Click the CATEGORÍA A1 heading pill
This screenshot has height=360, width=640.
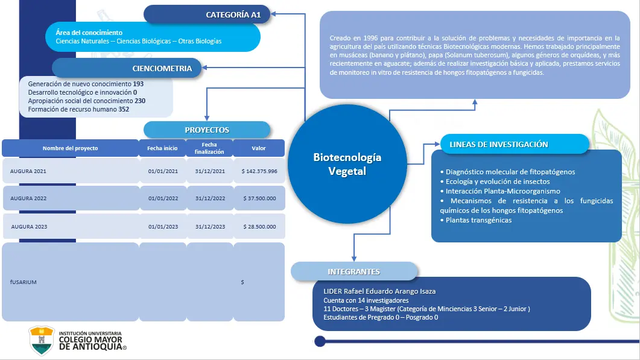pyautogui.click(x=207, y=14)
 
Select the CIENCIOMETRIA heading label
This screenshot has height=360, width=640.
pyautogui.click(x=162, y=68)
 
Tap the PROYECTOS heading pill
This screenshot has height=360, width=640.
pyautogui.click(x=207, y=130)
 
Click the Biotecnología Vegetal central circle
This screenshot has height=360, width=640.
pyautogui.click(x=347, y=164)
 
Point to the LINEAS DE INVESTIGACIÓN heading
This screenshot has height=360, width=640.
pyautogui.click(x=499, y=144)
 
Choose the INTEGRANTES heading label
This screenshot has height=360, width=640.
pyautogui.click(x=354, y=271)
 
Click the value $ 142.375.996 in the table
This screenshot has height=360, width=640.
pyautogui.click(x=259, y=171)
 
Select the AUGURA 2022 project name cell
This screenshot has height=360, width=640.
pyautogui.click(x=71, y=198)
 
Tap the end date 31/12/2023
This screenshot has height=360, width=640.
pyautogui.click(x=210, y=227)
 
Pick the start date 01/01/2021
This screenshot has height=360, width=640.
pyautogui.click(x=163, y=171)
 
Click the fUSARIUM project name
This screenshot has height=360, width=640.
pyautogui.click(x=24, y=282)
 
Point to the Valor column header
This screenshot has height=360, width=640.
pyautogui.click(x=259, y=148)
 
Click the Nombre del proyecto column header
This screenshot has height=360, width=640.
pyautogui.click(x=70, y=148)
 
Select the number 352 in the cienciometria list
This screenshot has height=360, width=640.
pyautogui.click(x=124, y=109)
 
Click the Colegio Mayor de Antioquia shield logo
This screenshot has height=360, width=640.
pyautogui.click(x=41, y=341)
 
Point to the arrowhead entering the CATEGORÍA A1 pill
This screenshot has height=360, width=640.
pyautogui.click(x=273, y=14)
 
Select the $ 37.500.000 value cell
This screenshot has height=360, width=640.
pyautogui.click(x=259, y=198)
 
